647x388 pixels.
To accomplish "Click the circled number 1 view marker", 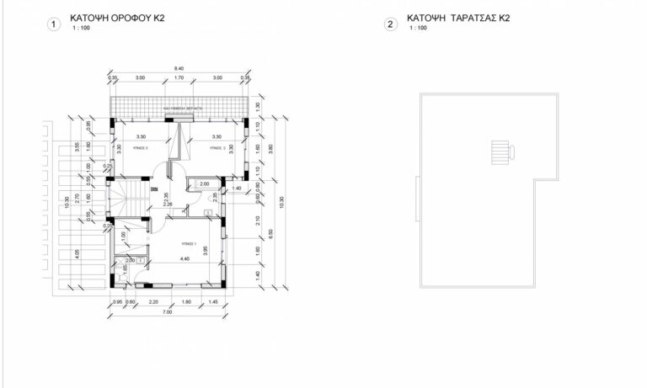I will coord(55,24).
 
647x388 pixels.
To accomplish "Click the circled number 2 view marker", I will coord(390,24).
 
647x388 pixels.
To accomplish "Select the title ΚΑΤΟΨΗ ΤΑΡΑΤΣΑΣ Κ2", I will coord(457,17).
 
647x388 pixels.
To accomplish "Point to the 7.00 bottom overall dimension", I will coord(168,312).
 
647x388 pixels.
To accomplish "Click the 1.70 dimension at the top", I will coord(179,78).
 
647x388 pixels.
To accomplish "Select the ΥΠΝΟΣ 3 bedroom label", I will coord(142,147).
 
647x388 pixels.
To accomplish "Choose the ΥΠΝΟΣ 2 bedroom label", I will coord(217,147).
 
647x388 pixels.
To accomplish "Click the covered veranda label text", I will coord(179,110).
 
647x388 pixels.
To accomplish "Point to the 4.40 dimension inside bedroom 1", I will coord(184,260).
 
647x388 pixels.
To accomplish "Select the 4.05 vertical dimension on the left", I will coord(78,252).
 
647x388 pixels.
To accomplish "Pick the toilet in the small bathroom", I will coord(206,209).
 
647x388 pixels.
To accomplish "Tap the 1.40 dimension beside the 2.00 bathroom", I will coord(237,189).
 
